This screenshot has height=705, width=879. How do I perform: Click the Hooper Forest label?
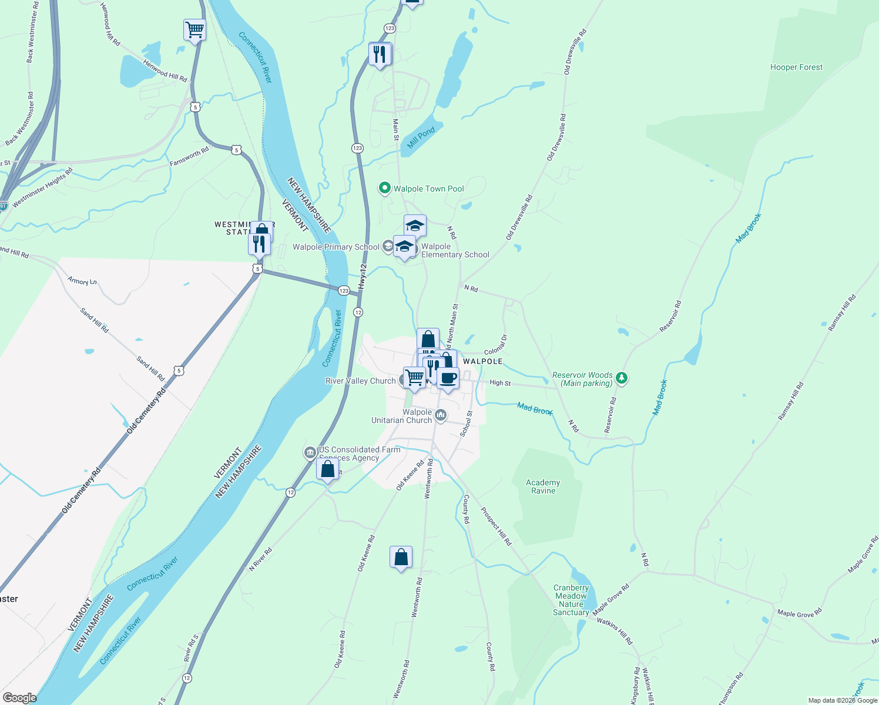pos(796,68)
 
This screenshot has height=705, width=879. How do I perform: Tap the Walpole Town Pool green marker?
pos(385,188)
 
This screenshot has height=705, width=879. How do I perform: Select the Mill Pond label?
pos(421,137)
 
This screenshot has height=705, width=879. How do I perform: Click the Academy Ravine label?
pos(543,486)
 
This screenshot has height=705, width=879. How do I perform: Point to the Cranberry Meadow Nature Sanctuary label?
pos(571,600)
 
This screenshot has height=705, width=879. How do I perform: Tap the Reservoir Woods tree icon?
pos(622,378)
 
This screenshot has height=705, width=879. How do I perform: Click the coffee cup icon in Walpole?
pos(448,378)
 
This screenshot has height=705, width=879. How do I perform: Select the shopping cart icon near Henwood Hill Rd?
pos(194,29)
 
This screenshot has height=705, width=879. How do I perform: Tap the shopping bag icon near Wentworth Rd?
pos(401,556)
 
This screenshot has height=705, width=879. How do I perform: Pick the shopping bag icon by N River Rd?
pos(328,469)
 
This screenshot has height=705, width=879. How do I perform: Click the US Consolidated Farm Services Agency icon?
pos(310,453)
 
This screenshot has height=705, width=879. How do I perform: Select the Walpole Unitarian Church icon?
pos(441,416)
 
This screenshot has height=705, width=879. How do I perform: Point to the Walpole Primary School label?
pos(336,247)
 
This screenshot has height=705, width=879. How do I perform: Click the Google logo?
pos(19,698)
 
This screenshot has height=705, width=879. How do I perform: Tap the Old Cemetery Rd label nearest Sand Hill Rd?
pos(146,411)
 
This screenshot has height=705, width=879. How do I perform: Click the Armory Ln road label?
pos(82,281)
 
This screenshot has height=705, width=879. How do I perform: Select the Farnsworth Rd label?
pos(189,156)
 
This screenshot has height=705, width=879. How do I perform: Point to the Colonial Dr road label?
pos(495,344)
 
